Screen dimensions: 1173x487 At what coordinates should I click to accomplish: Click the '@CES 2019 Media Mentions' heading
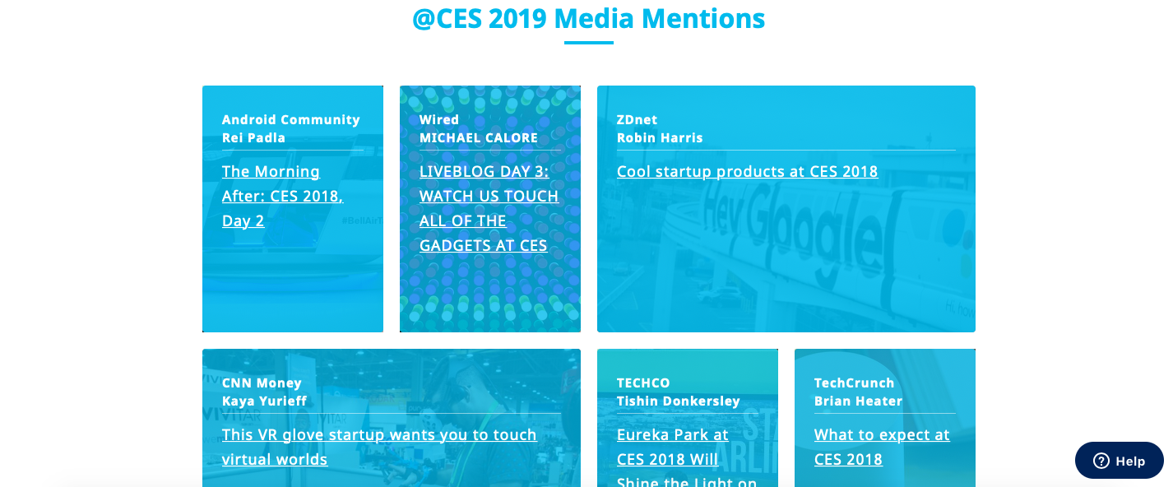click(x=589, y=19)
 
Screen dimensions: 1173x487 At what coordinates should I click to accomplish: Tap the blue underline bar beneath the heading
click(x=589, y=43)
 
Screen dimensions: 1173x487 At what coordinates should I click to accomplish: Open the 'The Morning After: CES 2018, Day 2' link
click(x=283, y=196)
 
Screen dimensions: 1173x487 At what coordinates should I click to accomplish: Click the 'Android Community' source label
click(x=290, y=119)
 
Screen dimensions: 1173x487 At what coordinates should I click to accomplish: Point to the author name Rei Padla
click(x=253, y=137)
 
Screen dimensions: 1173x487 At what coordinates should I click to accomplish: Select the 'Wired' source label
click(x=438, y=119)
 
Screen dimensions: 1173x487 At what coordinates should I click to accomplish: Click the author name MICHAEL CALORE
click(x=479, y=137)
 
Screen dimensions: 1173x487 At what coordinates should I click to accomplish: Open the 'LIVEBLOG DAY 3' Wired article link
click(x=489, y=208)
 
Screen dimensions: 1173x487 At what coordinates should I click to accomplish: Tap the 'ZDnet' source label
click(x=637, y=119)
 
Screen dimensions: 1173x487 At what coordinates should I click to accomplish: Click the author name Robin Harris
click(x=660, y=137)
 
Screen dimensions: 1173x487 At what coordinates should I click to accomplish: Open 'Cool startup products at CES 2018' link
click(x=747, y=171)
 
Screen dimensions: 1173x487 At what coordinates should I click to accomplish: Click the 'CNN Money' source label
click(x=262, y=383)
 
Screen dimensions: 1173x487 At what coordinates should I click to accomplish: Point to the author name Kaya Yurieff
click(x=264, y=401)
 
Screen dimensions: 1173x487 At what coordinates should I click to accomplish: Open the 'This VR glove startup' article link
click(x=379, y=447)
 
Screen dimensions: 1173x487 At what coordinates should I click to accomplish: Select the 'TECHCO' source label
click(x=643, y=383)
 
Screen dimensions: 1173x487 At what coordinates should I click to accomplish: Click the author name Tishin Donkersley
click(x=678, y=401)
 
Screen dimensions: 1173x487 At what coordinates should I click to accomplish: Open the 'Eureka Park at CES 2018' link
click(x=687, y=457)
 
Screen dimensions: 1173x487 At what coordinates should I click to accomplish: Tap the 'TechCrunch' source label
click(x=854, y=383)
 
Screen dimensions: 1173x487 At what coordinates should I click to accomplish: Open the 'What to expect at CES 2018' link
click(x=882, y=447)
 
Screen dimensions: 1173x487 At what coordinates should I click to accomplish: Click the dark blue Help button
click(x=1120, y=461)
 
